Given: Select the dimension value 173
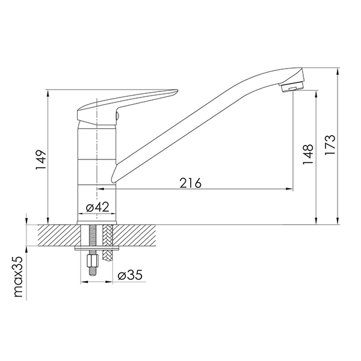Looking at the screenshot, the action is (330, 144).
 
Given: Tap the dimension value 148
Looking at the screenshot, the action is (308, 154).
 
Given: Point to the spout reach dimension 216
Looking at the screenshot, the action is (190, 183).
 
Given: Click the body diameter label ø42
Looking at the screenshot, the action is (97, 208).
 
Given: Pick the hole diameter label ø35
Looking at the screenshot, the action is (130, 275).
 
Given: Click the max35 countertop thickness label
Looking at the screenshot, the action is (19, 277).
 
